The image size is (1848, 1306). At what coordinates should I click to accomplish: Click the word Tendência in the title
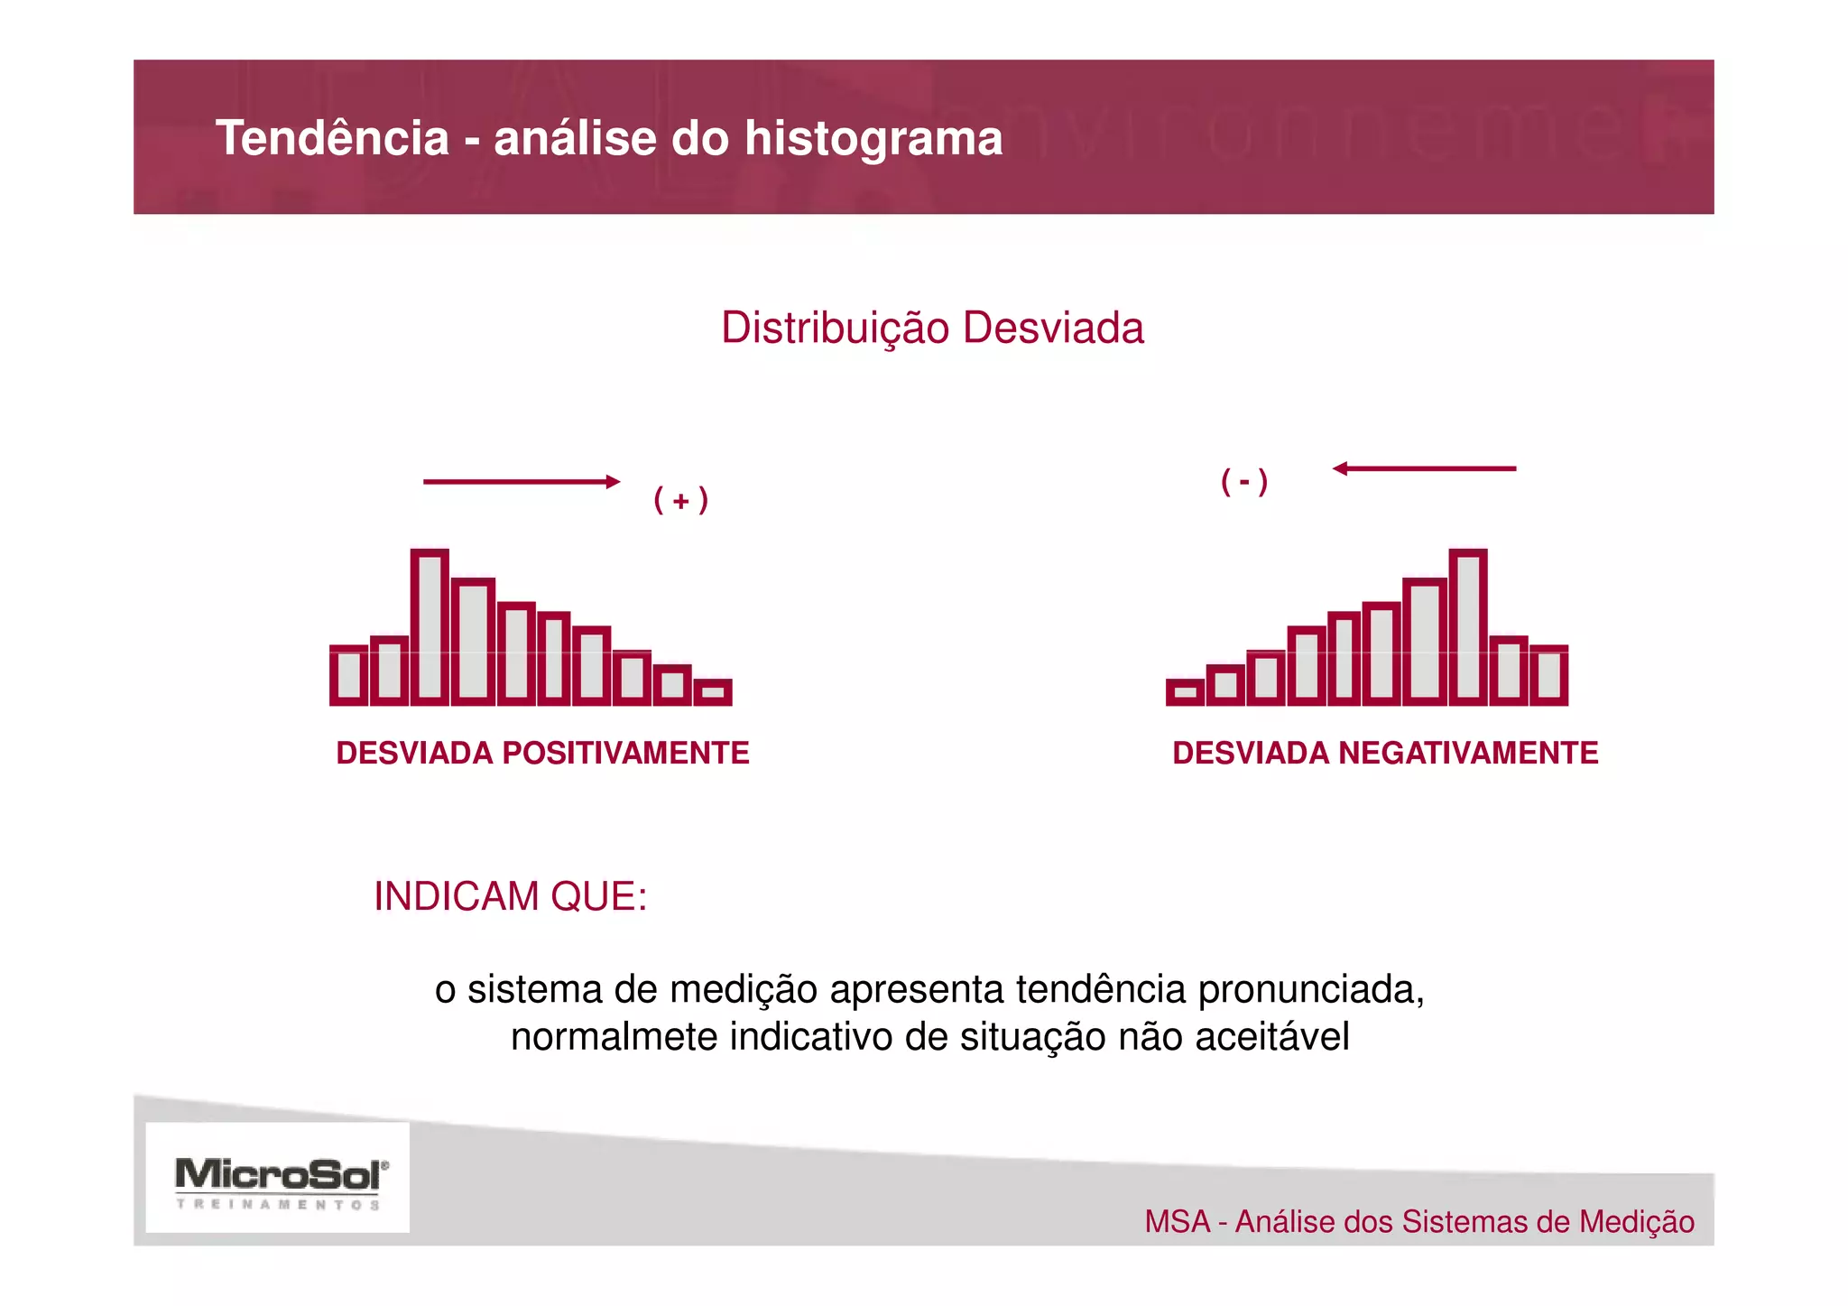pyautogui.click(x=332, y=139)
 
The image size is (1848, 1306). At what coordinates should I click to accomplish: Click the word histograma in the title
pyautogui.click(x=873, y=139)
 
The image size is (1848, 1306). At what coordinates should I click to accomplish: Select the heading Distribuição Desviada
pyautogui.click(x=932, y=328)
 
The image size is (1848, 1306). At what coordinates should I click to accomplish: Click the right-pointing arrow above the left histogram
pyautogui.click(x=522, y=482)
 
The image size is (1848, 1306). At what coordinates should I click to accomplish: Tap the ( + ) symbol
pyautogui.click(x=680, y=500)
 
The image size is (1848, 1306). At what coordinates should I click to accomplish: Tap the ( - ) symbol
pyautogui.click(x=1244, y=481)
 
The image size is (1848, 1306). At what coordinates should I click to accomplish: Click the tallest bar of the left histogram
pyautogui.click(x=430, y=626)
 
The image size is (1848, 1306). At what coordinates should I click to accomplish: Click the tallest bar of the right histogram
pyautogui.click(x=1467, y=626)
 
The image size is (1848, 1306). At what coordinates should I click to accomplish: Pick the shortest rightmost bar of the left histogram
pyautogui.click(x=713, y=692)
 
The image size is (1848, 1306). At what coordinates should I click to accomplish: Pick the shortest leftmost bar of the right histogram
pyautogui.click(x=1185, y=692)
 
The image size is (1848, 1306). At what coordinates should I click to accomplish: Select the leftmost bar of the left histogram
pyautogui.click(x=349, y=675)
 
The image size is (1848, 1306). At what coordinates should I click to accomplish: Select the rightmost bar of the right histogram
pyautogui.click(x=1548, y=675)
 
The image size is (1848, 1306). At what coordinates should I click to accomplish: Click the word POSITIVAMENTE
pyautogui.click(x=625, y=753)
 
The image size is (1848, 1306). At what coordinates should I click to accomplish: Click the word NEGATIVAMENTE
pyautogui.click(x=1468, y=753)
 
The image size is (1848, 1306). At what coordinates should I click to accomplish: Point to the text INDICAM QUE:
pyautogui.click(x=510, y=897)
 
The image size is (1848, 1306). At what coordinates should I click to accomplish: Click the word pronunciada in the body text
pyautogui.click(x=1310, y=990)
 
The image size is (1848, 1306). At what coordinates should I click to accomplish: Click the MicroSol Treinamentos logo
pyautogui.click(x=278, y=1179)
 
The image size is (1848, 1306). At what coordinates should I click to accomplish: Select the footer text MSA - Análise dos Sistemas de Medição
pyautogui.click(x=1418, y=1222)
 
